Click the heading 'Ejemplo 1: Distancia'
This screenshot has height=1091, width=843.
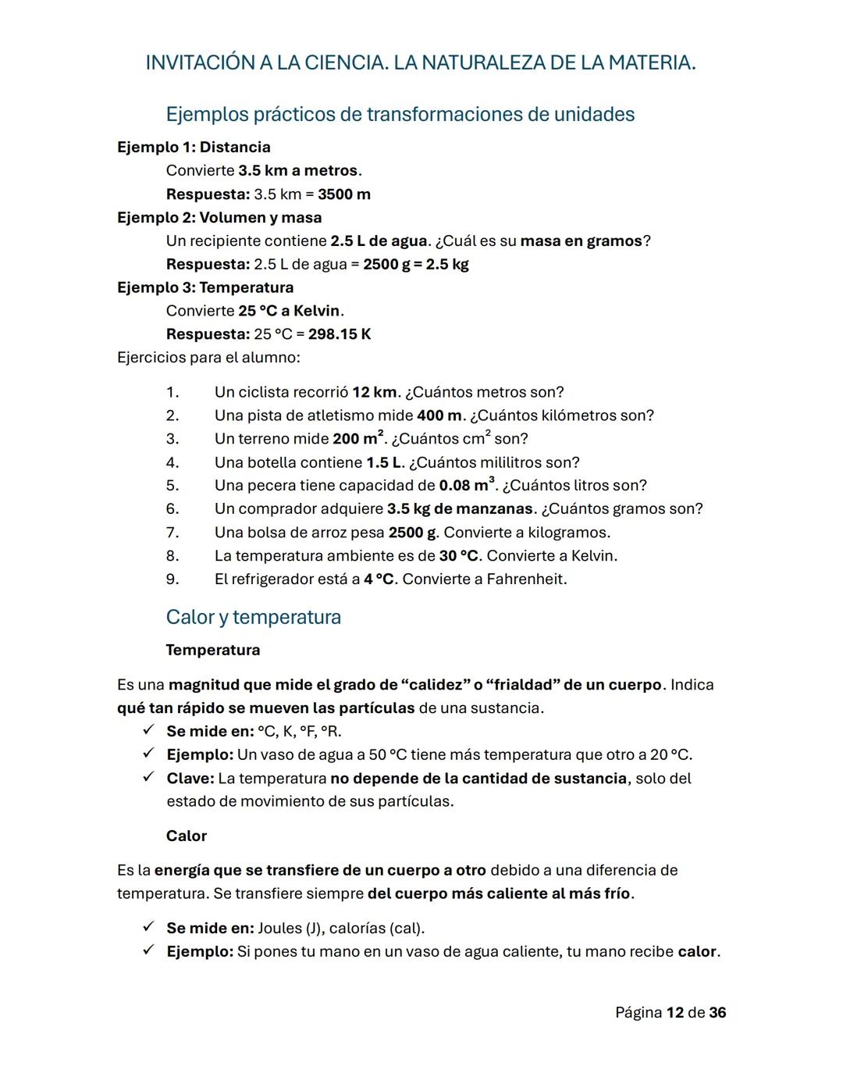194,147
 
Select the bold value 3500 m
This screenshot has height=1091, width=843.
343,194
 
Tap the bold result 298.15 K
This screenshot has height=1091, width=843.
340,334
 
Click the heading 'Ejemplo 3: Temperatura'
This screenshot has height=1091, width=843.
205,287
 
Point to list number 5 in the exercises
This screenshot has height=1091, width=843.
173,486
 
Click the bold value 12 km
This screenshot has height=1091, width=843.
375,392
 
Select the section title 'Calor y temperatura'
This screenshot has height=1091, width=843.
253,617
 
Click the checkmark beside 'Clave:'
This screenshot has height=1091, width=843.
148,778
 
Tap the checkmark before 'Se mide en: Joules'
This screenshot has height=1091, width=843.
148,928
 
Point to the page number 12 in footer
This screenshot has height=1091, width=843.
675,1013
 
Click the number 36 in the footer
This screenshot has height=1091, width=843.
717,1013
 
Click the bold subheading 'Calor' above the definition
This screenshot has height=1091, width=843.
186,836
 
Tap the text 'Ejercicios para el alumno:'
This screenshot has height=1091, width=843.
208,358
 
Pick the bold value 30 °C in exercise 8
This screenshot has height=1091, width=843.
458,556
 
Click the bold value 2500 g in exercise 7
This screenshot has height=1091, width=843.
413,533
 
